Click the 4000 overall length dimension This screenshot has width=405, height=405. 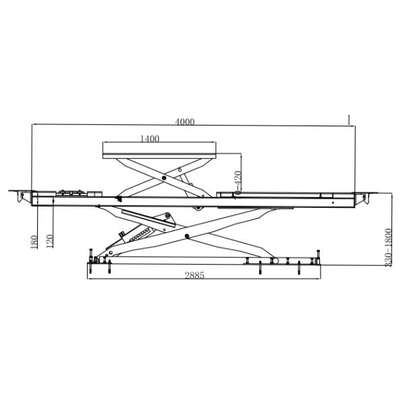click(x=185, y=122)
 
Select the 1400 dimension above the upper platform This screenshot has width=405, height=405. click(x=149, y=139)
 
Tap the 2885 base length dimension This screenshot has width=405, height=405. click(x=194, y=275)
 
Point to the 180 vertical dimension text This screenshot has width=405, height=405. click(x=33, y=241)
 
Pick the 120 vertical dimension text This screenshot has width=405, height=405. click(x=49, y=241)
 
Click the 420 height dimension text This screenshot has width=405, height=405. click(x=237, y=180)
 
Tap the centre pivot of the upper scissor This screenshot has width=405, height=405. click(x=163, y=176)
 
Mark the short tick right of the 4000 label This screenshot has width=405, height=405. click(x=349, y=120)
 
